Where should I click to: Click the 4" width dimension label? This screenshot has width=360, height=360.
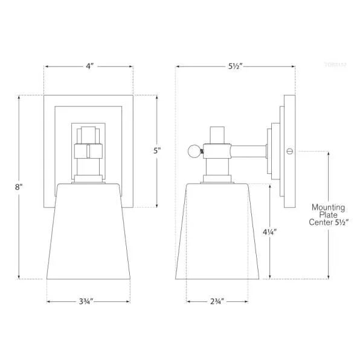(89, 66)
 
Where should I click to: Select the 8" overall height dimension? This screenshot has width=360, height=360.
(19, 187)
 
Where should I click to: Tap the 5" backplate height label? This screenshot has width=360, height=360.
(157, 150)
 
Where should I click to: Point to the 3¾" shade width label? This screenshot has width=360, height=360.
(88, 300)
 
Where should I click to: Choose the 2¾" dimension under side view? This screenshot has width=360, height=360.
(217, 300)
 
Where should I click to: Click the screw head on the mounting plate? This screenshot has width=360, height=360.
(289, 150)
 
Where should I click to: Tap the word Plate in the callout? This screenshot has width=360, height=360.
(328, 215)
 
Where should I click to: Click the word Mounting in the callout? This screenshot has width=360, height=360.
(328, 207)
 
